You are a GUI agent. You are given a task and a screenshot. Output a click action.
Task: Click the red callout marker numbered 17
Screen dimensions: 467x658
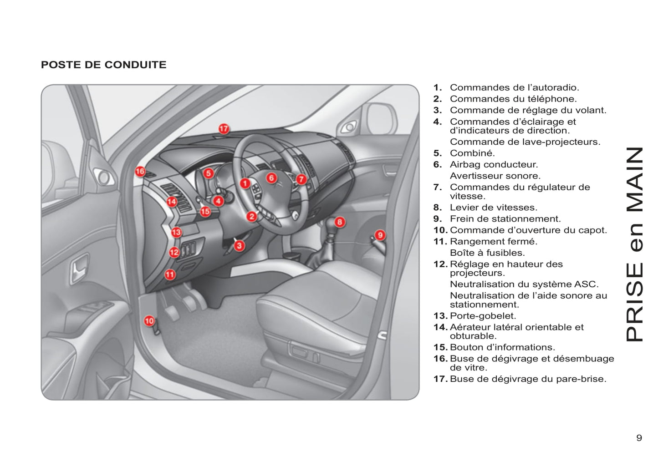click(223, 129)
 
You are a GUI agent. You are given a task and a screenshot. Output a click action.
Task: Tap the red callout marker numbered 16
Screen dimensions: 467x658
click(140, 172)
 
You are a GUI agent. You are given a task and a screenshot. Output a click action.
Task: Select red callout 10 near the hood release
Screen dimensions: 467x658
click(149, 321)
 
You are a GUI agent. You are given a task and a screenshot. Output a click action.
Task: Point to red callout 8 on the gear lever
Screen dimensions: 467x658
click(340, 222)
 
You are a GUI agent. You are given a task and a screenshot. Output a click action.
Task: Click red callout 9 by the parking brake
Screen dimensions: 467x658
click(380, 235)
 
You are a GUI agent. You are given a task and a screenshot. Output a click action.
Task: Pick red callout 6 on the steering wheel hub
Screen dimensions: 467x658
click(271, 178)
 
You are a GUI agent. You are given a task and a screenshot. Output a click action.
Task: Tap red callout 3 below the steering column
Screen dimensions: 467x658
click(239, 246)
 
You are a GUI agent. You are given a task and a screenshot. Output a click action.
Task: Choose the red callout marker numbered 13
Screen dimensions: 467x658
click(176, 232)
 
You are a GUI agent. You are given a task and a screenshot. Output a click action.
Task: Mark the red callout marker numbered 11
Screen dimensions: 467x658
click(170, 274)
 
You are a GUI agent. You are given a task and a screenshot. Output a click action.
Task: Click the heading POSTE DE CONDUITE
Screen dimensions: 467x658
click(104, 65)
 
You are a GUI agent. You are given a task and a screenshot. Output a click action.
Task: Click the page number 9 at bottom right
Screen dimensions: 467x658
click(639, 438)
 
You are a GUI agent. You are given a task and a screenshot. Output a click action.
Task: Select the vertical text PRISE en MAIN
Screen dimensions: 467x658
click(635, 244)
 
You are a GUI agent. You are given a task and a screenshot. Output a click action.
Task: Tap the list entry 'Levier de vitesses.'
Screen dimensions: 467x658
click(493, 208)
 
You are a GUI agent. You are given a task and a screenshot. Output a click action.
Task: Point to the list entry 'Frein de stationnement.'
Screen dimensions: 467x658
click(505, 219)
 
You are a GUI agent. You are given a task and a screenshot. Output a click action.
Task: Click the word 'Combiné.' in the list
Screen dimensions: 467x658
click(472, 153)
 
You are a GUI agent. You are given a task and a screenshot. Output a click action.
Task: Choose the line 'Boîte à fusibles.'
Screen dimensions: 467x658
click(487, 253)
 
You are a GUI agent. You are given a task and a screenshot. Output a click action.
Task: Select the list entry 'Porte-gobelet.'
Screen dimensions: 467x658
click(483, 316)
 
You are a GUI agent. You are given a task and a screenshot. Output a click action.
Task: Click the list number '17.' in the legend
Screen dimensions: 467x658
click(440, 379)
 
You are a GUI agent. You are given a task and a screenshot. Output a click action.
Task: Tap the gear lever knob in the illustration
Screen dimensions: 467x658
click(330, 225)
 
